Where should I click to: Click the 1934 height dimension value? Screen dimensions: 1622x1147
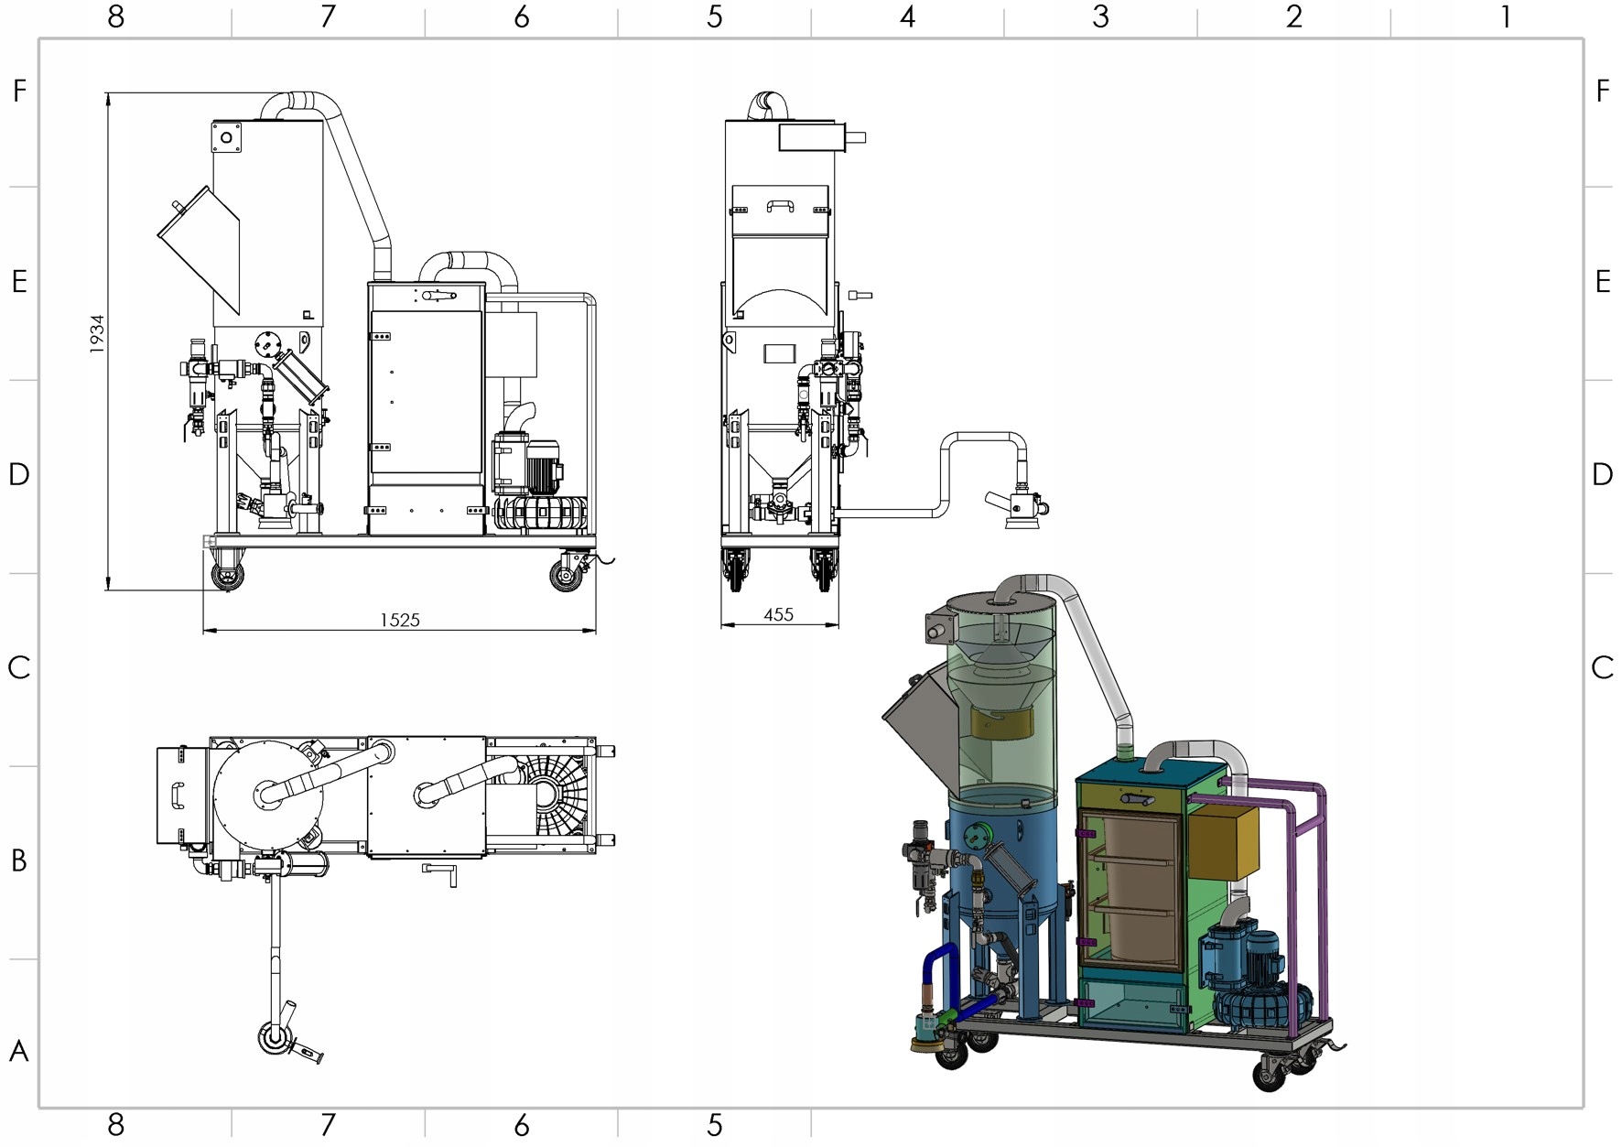tap(97, 334)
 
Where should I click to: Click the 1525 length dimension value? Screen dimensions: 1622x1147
tap(400, 620)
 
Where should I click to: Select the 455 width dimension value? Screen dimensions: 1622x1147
tap(778, 614)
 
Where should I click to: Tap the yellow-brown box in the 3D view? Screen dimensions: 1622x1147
tap(1224, 841)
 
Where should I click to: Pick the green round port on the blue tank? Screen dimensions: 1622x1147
tap(986, 835)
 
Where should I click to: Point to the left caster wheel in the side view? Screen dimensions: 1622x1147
tap(227, 576)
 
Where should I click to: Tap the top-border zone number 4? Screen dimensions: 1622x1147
tap(907, 16)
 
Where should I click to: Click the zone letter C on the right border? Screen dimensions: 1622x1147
tap(1601, 667)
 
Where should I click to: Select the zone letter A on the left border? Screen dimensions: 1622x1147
tap(18, 1051)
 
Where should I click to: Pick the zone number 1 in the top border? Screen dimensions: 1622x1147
tap(1505, 16)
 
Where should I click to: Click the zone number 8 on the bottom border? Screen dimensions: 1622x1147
tap(115, 1125)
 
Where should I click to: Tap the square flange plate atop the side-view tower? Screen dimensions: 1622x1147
tap(226, 137)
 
